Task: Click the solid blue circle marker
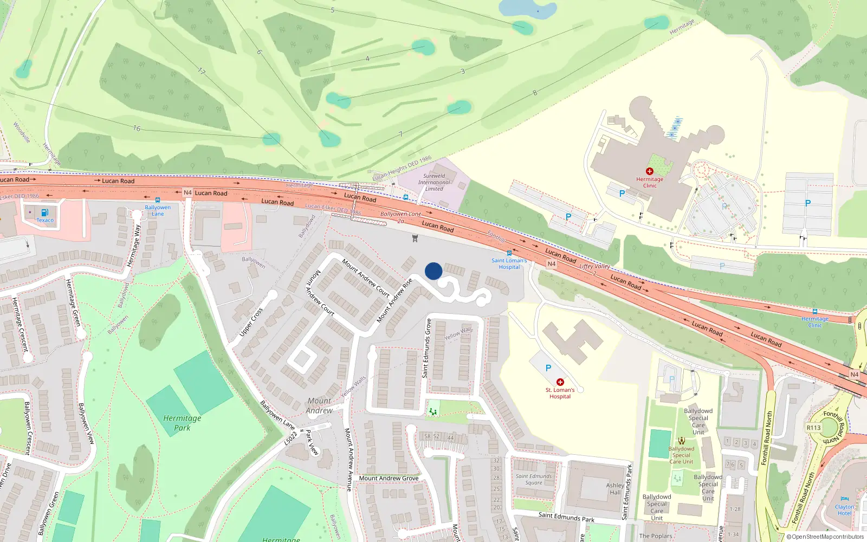433,271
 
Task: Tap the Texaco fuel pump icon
45,212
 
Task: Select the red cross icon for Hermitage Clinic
650,171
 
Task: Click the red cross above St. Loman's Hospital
560,382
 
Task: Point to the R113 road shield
813,428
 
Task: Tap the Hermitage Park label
182,423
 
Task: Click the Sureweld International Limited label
434,182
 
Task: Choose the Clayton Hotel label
844,510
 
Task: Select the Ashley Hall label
615,489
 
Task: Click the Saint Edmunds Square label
534,479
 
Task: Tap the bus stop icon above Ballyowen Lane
158,200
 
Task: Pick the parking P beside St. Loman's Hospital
548,368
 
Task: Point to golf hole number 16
137,128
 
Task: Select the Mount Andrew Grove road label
389,478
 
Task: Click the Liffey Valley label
594,266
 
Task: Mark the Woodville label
22,132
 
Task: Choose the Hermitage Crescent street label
20,325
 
